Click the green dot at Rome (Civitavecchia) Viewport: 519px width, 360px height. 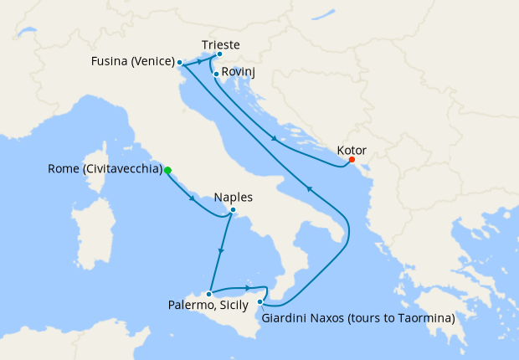pyautogui.click(x=167, y=170)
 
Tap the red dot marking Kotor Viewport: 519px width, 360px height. pyautogui.click(x=352, y=160)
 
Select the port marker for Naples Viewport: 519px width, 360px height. pyautogui.click(x=233, y=210)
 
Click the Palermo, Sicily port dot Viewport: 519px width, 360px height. pyautogui.click(x=208, y=294)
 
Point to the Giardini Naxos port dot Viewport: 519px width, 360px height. pyautogui.click(x=260, y=301)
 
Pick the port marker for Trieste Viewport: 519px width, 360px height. pyautogui.click(x=219, y=55)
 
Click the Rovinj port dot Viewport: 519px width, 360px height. pyautogui.click(x=216, y=74)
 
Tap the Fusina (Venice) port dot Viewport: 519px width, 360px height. pyautogui.click(x=180, y=62)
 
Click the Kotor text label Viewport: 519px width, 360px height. pyautogui.click(x=352, y=150)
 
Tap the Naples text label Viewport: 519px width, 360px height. pyautogui.click(x=233, y=198)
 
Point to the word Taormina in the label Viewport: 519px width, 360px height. pyautogui.click(x=424, y=318)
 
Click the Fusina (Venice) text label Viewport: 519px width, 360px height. pyautogui.click(x=132, y=62)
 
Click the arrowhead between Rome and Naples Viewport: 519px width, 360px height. pyautogui.click(x=194, y=199)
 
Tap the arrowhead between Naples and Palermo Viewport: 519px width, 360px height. pyautogui.click(x=220, y=250)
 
